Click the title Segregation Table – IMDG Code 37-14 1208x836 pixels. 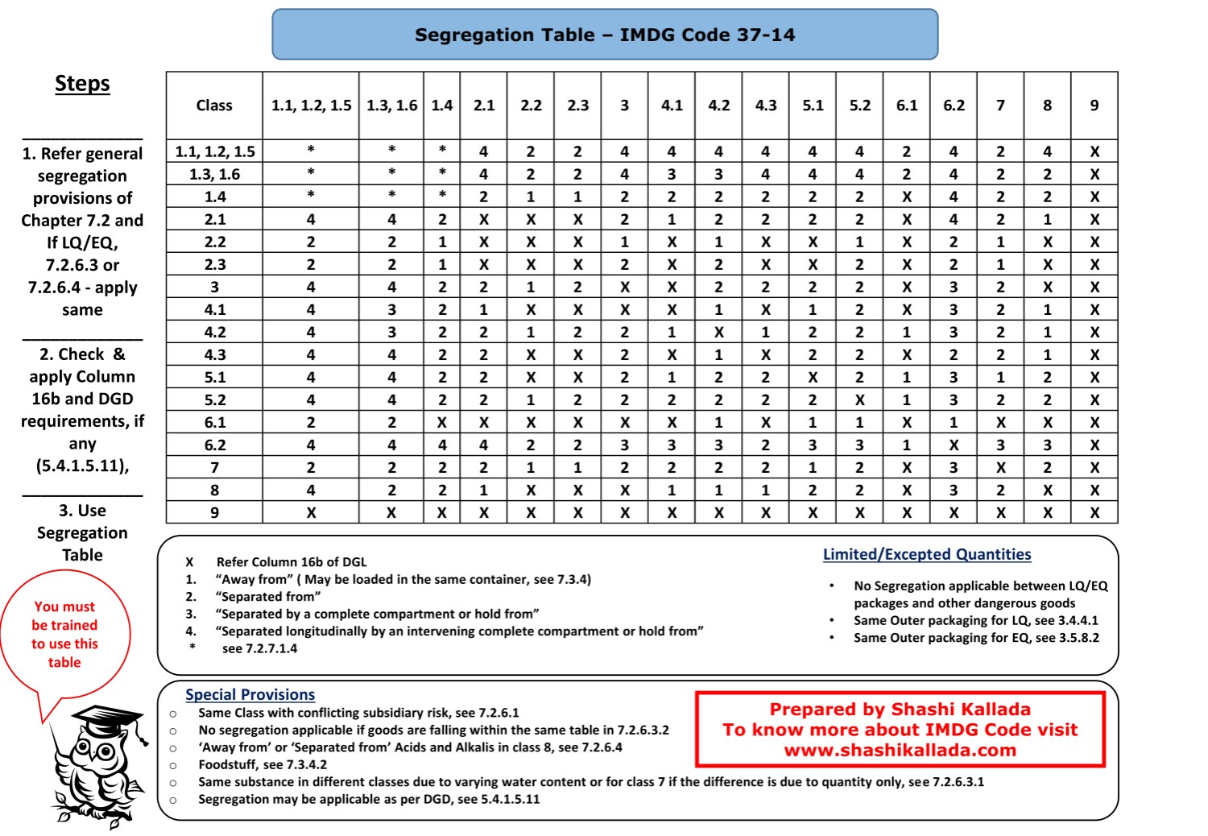point(605,35)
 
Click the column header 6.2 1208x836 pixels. point(954,105)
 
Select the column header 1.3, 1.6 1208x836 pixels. point(391,105)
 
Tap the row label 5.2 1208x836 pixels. point(214,399)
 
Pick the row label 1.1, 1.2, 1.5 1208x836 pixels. point(214,151)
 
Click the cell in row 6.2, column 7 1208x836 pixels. point(1000,445)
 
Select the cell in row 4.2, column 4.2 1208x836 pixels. point(718,332)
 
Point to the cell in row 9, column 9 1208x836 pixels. point(1094,512)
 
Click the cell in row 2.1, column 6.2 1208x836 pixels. point(954,219)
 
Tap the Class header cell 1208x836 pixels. point(214,105)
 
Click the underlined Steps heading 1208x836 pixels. point(82,84)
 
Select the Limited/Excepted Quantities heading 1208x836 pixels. point(927,554)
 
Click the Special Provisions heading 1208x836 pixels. point(250,694)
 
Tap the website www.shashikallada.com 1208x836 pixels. point(900,751)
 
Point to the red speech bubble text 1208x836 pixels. point(64,634)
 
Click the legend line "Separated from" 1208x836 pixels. point(267,597)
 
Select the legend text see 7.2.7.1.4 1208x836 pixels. point(259,648)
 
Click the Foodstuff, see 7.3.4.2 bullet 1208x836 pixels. point(263,764)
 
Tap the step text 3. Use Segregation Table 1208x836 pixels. point(82,532)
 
